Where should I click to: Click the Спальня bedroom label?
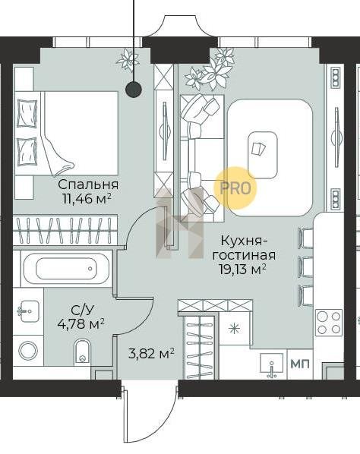coord(88,185)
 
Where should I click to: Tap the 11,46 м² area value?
coord(87,199)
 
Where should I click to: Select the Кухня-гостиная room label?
coord(244,248)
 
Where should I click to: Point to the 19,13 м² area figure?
coord(243,270)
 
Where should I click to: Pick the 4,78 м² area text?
coord(81,323)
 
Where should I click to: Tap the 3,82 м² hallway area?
coord(151,353)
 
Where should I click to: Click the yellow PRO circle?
coord(235,188)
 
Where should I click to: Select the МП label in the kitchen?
coord(300,364)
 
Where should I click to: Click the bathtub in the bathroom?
coord(66,269)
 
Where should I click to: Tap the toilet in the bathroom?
coord(83,352)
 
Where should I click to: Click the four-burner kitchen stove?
coord(329,322)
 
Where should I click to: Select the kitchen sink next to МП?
coord(271,365)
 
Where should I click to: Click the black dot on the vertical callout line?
coord(134,89)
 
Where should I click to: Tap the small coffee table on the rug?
coord(262,155)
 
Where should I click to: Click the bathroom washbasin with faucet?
coord(28,311)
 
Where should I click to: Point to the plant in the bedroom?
coord(125,59)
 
